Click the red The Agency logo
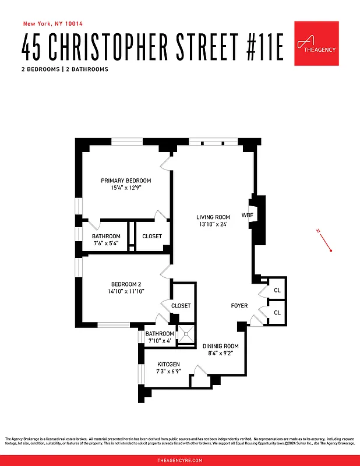click(316, 43)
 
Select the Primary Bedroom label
click(126, 181)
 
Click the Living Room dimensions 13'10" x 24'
click(213, 225)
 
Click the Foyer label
click(239, 305)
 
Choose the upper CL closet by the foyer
click(277, 290)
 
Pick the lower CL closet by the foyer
click(277, 313)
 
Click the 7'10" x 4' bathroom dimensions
click(159, 341)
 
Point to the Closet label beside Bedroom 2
click(181, 305)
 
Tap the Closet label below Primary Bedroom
click(152, 236)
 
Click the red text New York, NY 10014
click(52, 24)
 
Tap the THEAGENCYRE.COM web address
click(180, 460)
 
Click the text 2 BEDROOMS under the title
click(41, 69)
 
